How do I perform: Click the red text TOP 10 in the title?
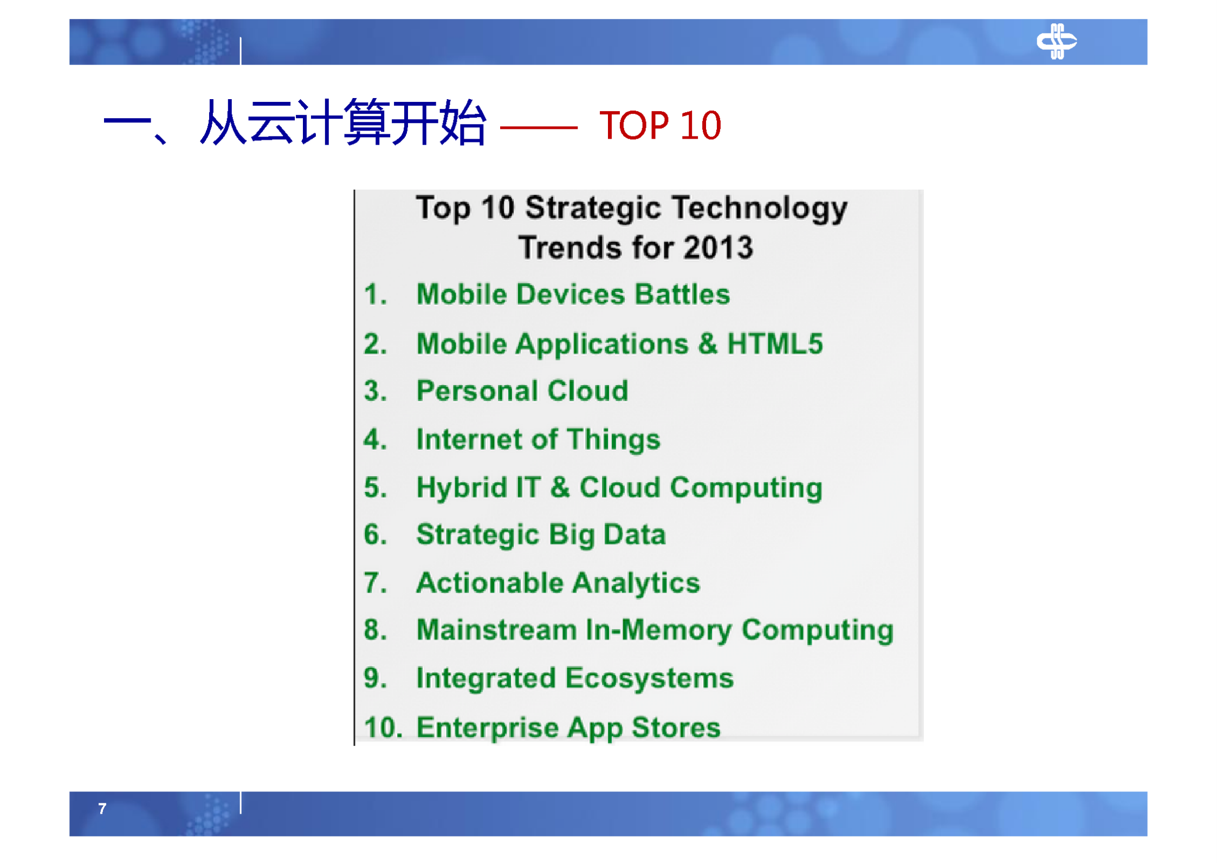659,126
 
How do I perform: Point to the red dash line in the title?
538,128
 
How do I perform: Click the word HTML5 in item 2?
774,343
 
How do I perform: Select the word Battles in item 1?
682,294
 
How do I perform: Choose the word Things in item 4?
613,439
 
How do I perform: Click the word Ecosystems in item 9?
649,678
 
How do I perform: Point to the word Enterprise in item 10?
487,727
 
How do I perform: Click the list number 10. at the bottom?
383,727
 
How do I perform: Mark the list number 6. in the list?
375,535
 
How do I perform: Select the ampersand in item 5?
560,487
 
